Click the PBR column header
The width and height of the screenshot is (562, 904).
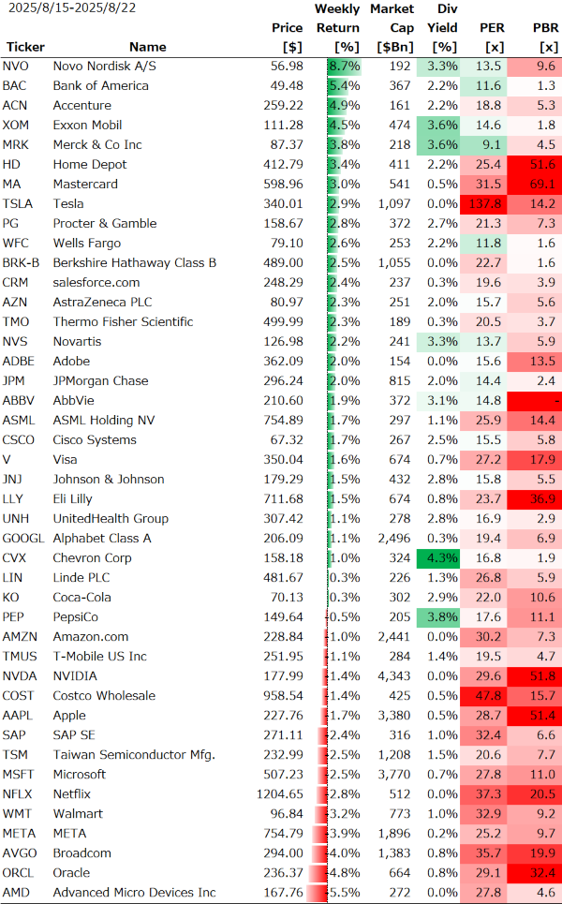(545, 28)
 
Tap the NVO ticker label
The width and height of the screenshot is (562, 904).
(16, 67)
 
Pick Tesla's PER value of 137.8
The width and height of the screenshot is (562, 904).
(483, 204)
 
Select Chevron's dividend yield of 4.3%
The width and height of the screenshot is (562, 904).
(441, 558)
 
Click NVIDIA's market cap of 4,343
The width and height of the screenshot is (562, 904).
(392, 676)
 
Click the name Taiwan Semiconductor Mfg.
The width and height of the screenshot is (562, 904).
(134, 755)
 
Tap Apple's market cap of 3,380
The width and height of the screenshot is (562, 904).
(392, 716)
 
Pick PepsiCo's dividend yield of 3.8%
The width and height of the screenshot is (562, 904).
(441, 617)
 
